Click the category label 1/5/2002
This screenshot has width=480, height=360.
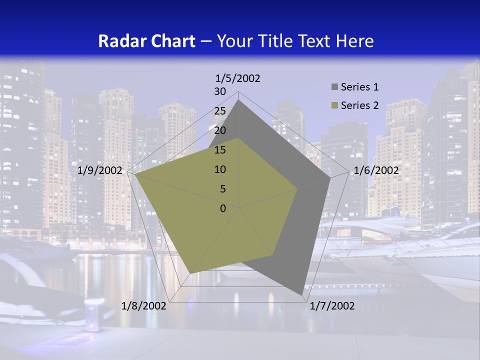pos(237,78)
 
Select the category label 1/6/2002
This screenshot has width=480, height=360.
pos(376,170)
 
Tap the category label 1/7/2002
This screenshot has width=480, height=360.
pos(332,306)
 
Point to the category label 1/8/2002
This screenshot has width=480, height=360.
pos(144,306)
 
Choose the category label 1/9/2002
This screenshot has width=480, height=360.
pos(100,170)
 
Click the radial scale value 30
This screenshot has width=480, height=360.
pos(220,91)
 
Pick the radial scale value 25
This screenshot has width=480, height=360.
pos(220,111)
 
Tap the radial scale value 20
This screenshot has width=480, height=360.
pos(220,130)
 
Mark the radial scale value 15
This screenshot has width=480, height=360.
pos(220,150)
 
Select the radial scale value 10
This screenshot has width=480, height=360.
pos(220,169)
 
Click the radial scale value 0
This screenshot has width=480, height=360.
pos(223,208)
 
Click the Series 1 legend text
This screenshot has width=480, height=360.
pos(359,87)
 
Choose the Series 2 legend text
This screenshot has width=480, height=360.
pos(359,105)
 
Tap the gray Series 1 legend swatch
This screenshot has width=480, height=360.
pos(334,87)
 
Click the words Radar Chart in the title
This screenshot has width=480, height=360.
pos(146,41)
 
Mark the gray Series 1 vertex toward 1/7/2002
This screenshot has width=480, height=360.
pos(301,294)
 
